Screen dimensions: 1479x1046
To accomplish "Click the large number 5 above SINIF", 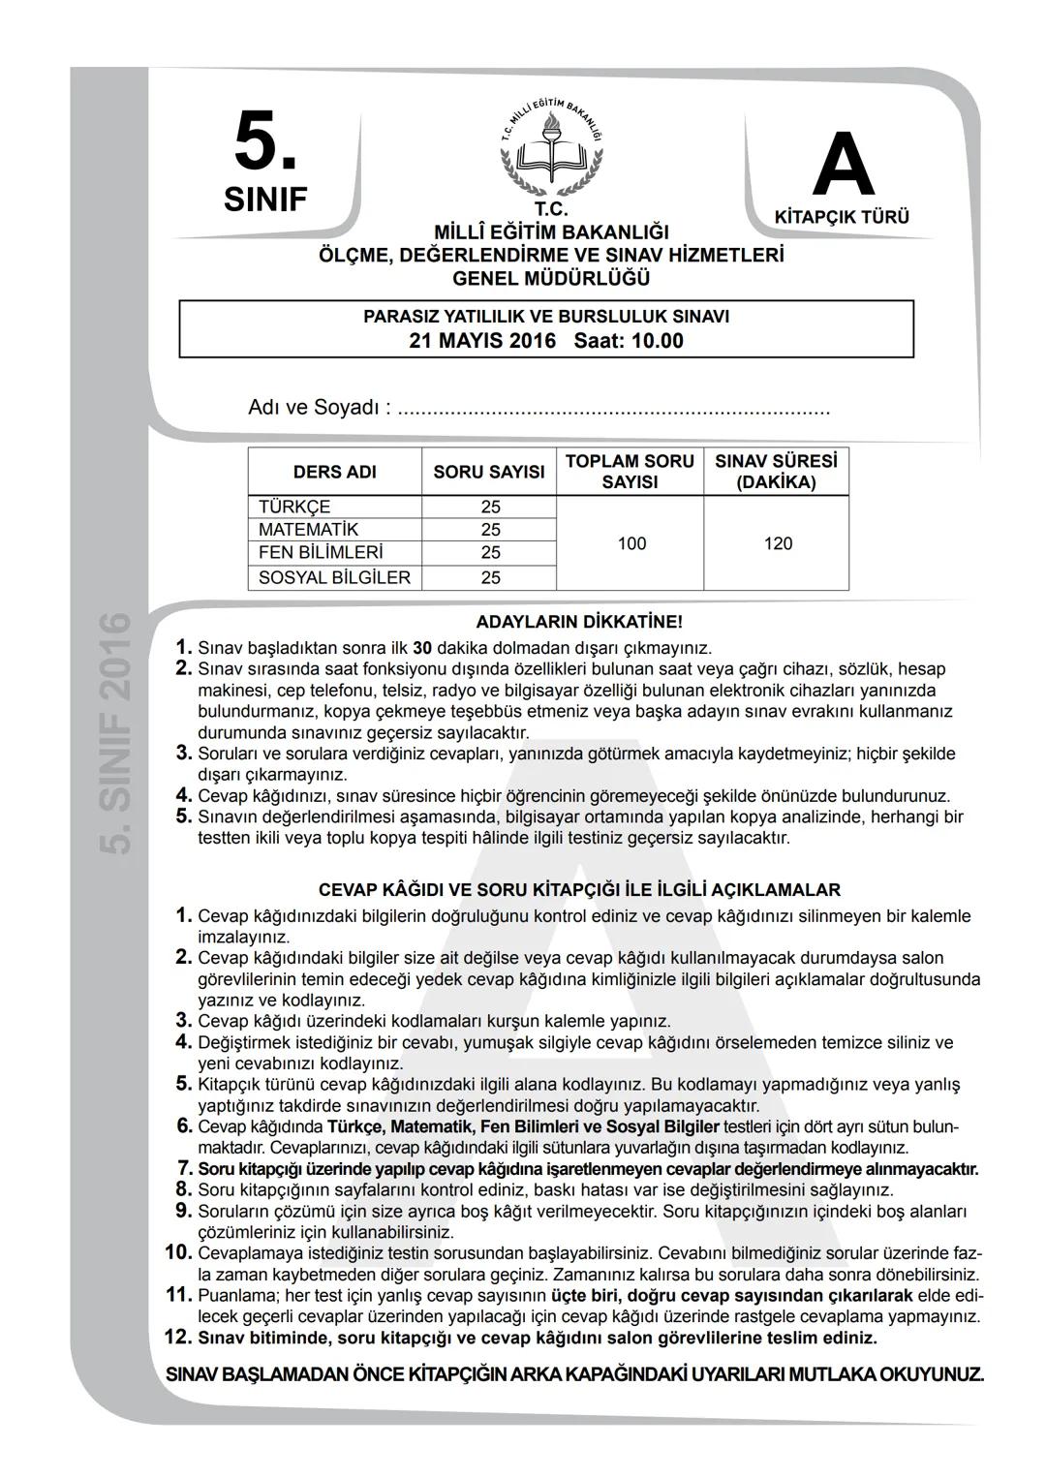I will (263, 143).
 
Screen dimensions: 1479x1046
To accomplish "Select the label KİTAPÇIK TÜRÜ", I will (842, 218).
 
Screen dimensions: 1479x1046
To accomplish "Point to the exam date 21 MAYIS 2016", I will (482, 341).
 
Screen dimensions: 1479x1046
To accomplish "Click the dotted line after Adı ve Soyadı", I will (615, 409).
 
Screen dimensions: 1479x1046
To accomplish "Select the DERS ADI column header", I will (334, 472).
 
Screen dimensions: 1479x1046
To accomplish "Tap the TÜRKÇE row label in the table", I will (294, 507).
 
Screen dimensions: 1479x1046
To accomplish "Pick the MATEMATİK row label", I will (308, 530).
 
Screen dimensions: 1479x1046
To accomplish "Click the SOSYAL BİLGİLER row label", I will (334, 578).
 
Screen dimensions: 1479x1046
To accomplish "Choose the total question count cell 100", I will (631, 543).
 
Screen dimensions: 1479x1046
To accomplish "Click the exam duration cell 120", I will (778, 543).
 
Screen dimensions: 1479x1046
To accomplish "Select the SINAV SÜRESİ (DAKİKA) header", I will (776, 472).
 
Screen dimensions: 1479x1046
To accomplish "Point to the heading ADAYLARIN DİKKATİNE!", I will (579, 622).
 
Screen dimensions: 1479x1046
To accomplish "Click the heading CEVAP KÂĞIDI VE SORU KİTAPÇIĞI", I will (579, 889).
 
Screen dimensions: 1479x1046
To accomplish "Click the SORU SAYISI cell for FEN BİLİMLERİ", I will (490, 553).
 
